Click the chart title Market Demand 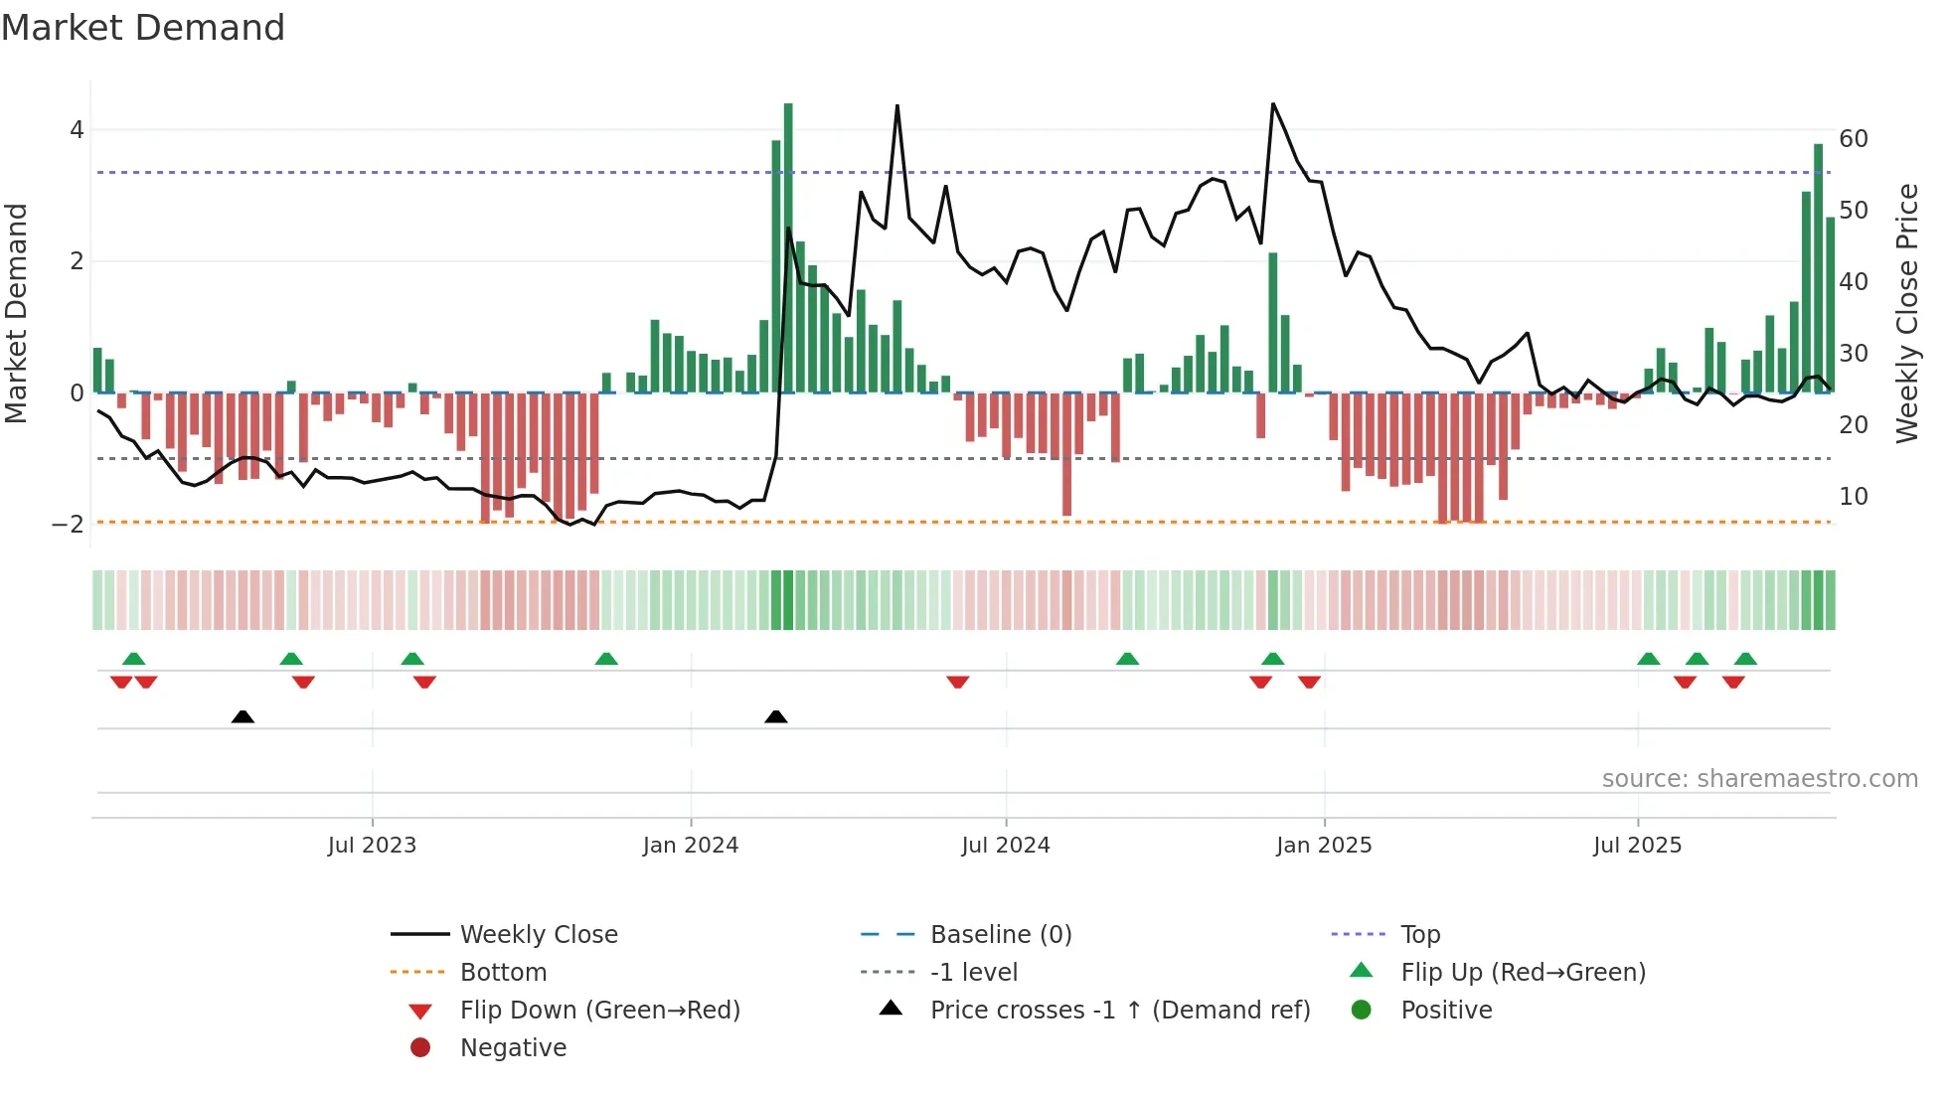(x=143, y=28)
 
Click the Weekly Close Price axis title (x=1906, y=313)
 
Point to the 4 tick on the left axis (x=77, y=130)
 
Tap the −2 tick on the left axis (x=69, y=525)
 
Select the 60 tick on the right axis (x=1853, y=139)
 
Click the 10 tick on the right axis (x=1853, y=497)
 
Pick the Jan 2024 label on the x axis (x=690, y=846)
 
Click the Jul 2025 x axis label (x=1637, y=846)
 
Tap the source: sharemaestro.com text (x=1759, y=779)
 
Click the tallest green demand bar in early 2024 (x=788, y=248)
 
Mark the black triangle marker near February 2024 (x=776, y=716)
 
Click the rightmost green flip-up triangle (x=1745, y=659)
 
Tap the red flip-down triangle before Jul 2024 (x=958, y=682)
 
